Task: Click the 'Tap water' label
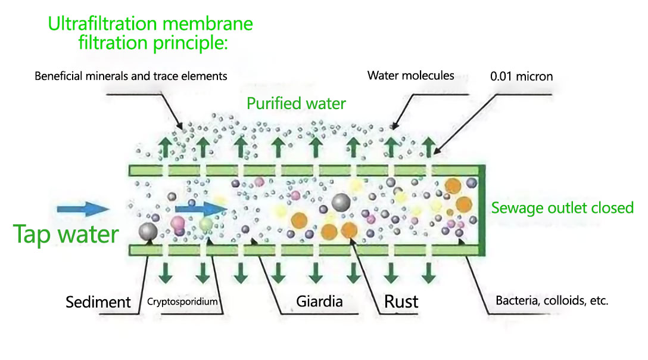click(66, 234)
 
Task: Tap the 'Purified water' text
click(296, 103)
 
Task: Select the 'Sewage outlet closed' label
click(562, 208)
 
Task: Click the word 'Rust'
click(401, 301)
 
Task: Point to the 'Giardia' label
click(319, 301)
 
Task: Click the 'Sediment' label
click(98, 302)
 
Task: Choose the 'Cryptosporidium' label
click(182, 302)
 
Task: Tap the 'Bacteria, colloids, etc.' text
click(552, 300)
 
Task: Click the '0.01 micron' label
click(521, 76)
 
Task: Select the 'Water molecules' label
click(410, 75)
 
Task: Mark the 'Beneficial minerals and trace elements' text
click(131, 76)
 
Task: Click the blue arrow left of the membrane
click(82, 209)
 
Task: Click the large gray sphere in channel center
click(341, 203)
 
